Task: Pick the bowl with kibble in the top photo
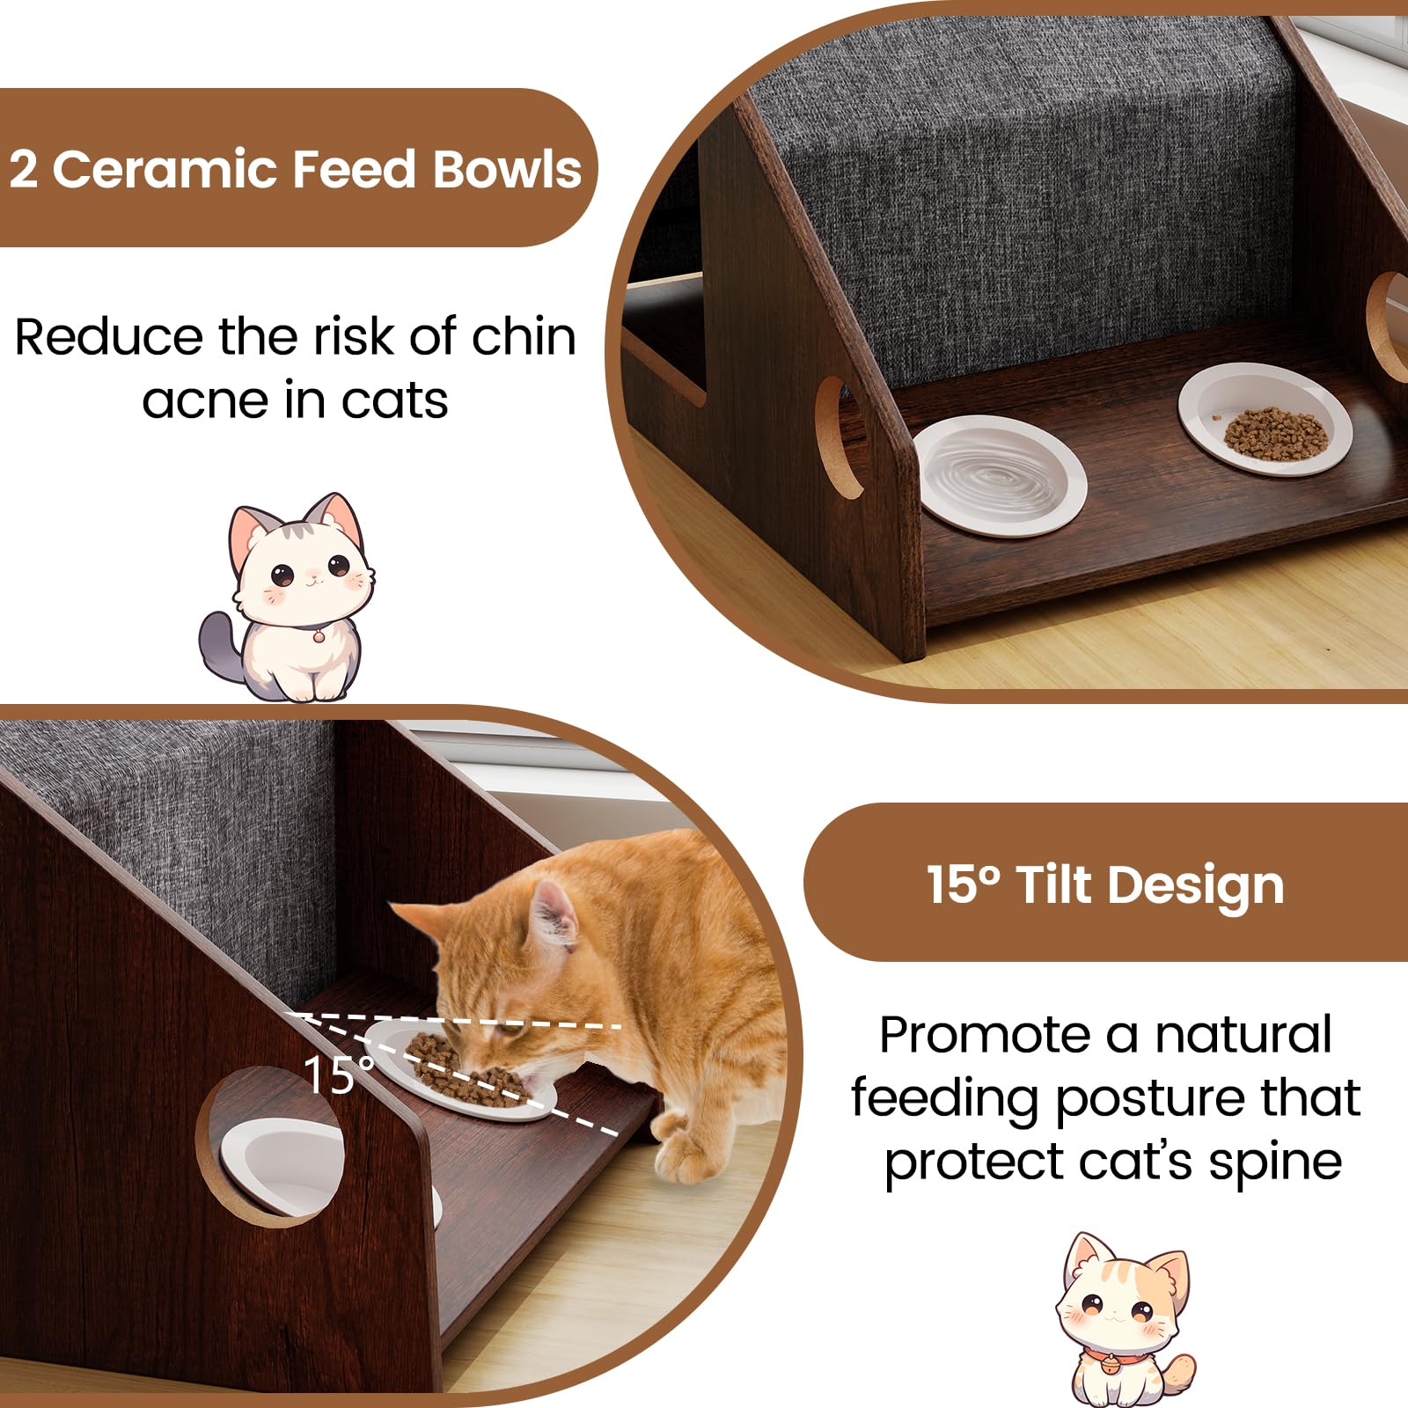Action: (1265, 419)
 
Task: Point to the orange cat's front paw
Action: (683, 1153)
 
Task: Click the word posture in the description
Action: (1150, 1100)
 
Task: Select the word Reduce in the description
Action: (110, 337)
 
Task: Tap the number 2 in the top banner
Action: (24, 169)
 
